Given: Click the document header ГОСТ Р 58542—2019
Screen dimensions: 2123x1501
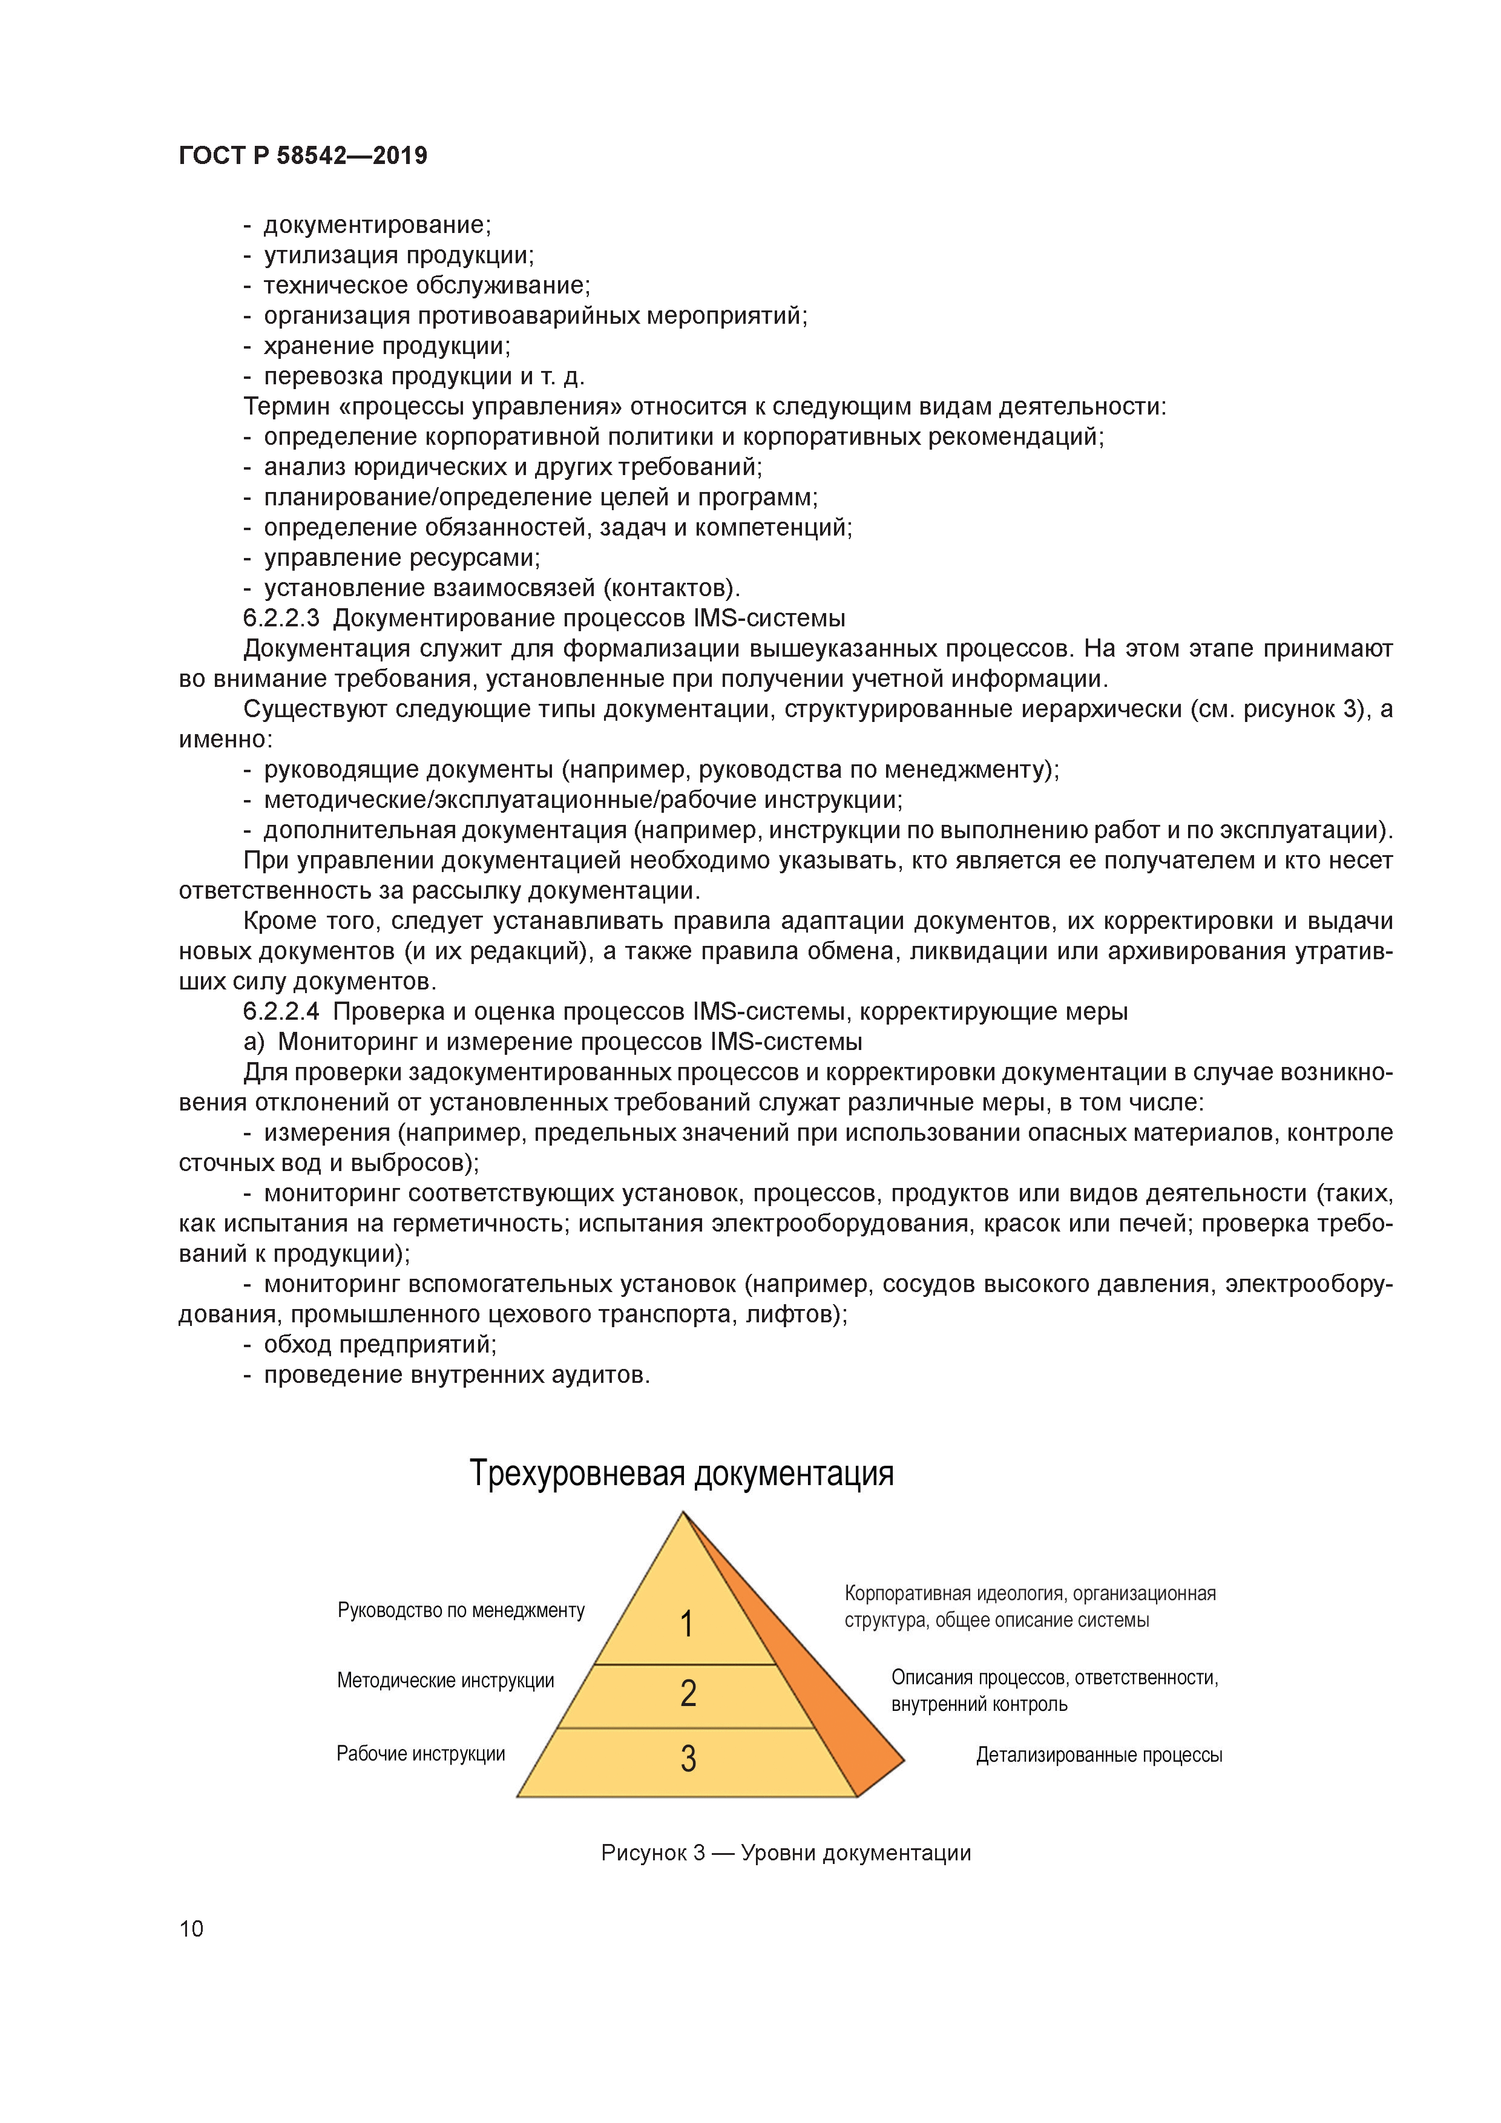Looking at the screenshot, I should point(303,156).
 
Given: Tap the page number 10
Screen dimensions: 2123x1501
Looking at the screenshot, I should point(191,1928).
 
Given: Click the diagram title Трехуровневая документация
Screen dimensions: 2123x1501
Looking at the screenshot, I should point(682,1474).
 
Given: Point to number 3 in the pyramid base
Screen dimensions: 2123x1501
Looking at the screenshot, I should point(688,1757).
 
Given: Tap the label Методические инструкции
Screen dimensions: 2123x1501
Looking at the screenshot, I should point(445,1680).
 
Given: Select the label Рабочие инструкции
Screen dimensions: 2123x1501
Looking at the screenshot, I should point(421,1753).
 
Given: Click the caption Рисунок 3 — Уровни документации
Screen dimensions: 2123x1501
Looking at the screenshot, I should point(785,1852).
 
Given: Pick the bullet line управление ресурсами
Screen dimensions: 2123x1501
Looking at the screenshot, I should point(401,557).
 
